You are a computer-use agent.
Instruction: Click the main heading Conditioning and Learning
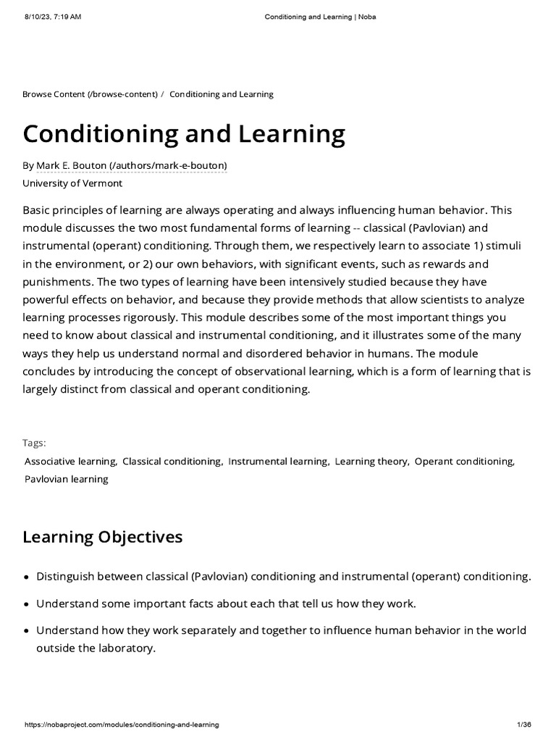coord(184,134)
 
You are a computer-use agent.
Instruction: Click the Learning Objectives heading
coord(103,537)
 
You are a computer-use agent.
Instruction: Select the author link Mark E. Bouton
coord(131,165)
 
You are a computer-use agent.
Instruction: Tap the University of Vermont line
coord(72,183)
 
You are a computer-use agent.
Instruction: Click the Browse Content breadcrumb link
coord(89,94)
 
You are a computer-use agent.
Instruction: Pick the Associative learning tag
coord(70,461)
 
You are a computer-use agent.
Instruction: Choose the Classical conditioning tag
coord(172,461)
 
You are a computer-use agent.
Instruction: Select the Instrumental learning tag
coord(279,461)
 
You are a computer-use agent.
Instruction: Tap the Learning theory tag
coord(372,461)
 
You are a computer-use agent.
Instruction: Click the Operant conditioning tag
coord(465,461)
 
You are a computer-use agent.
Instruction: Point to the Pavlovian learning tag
coord(67,479)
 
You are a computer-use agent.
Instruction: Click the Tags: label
coord(34,443)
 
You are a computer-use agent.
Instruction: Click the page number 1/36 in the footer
coord(525,725)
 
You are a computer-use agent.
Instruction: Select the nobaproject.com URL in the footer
coord(122,725)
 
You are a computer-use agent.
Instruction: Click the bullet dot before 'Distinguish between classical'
coord(27,578)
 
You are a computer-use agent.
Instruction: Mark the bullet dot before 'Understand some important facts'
coord(27,604)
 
